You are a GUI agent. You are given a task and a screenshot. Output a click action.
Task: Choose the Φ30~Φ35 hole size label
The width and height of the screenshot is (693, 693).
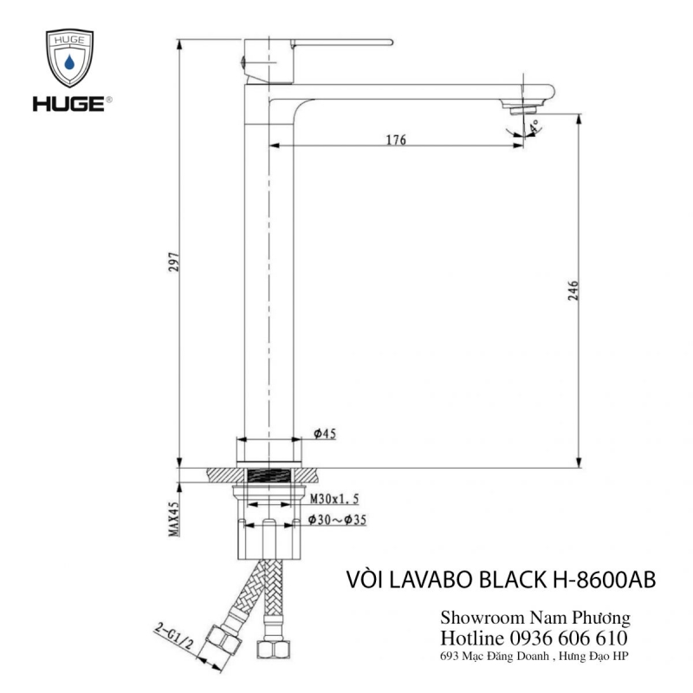341,521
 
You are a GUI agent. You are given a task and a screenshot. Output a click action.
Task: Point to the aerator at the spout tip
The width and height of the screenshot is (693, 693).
522,107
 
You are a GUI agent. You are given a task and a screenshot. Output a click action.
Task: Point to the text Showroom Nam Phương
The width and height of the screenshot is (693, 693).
534,618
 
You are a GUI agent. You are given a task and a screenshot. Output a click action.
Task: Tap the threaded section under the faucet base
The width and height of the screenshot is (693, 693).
271,475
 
